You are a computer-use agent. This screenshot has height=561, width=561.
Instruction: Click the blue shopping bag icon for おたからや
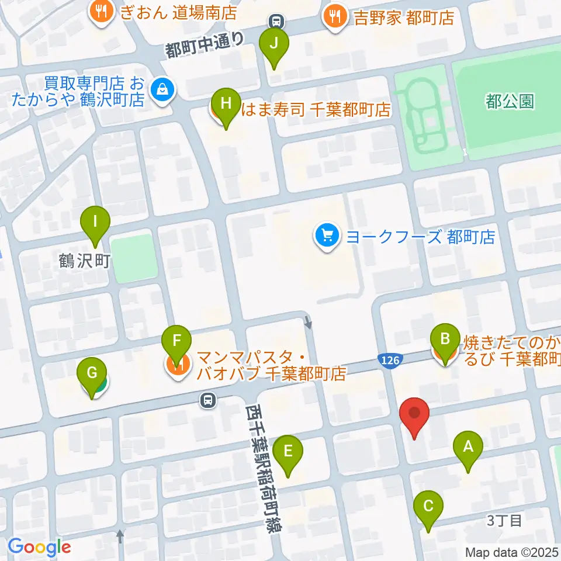tap(160, 90)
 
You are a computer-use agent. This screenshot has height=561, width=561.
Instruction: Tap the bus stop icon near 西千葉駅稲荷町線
tap(207, 400)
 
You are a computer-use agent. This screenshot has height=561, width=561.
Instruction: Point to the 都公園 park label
tap(509, 102)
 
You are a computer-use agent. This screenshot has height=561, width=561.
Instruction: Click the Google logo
tap(40, 547)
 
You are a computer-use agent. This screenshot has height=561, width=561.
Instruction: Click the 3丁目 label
tap(504, 521)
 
